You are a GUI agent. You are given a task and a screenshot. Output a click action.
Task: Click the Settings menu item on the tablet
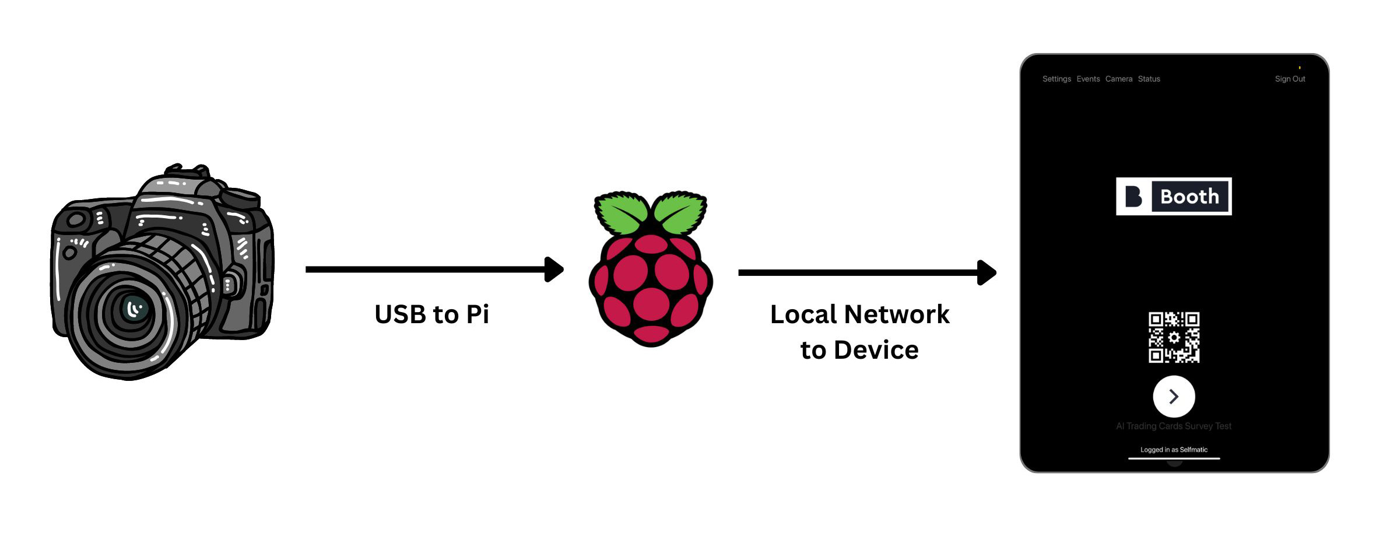1056,79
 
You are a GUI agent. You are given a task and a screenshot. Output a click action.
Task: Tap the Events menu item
1088,79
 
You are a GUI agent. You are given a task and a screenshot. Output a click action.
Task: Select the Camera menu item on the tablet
1118,79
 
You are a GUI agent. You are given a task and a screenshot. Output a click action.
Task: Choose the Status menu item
1149,79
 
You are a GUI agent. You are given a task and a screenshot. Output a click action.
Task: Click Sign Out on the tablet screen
1290,79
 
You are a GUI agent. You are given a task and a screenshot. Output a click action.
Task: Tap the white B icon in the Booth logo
1133,197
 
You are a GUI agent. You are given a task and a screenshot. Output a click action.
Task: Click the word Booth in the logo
1189,197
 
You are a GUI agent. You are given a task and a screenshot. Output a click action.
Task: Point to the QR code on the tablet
1174,337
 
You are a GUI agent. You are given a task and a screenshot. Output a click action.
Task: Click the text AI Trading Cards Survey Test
1174,426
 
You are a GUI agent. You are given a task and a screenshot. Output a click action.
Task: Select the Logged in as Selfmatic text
1174,450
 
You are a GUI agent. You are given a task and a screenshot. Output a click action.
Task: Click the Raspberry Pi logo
651,268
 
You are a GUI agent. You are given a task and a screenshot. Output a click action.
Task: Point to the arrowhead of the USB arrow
554,269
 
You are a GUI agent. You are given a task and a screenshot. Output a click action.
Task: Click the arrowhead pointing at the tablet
987,272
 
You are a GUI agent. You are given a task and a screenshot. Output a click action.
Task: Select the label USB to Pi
431,314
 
